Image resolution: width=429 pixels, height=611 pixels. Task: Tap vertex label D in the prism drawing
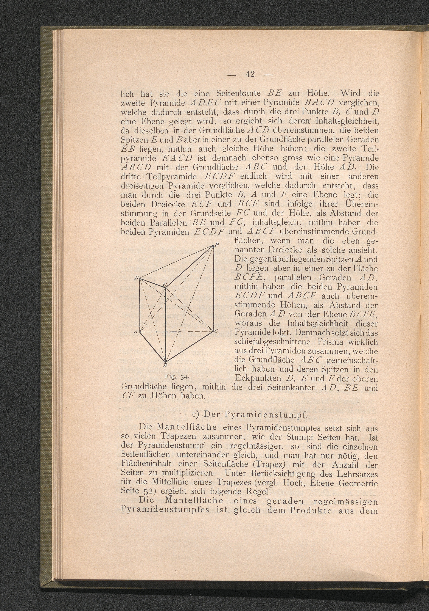click(x=135, y=278)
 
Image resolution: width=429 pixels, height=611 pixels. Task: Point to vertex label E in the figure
click(x=165, y=285)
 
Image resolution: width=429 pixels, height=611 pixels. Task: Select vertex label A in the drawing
click(x=135, y=331)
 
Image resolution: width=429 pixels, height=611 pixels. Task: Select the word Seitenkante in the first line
click(x=238, y=93)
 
